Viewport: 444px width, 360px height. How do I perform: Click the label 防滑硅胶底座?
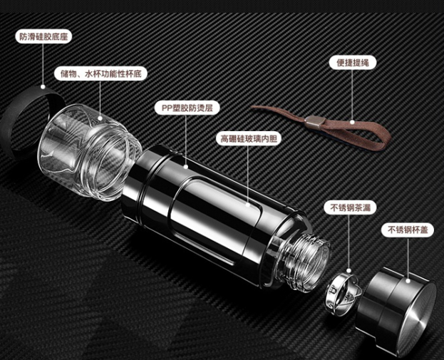tap(43, 37)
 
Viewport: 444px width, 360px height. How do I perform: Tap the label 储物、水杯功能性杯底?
tap(101, 74)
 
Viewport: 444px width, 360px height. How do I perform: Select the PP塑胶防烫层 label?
tap(187, 108)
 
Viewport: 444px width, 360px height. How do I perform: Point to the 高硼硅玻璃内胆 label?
tap(249, 139)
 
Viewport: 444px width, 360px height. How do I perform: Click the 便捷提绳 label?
tap(353, 63)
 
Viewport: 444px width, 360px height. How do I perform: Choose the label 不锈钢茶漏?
tap(350, 207)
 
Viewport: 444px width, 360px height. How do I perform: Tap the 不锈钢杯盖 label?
tap(408, 230)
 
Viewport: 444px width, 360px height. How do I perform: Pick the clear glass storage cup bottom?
tap(90, 152)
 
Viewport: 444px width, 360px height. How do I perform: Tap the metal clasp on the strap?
tap(314, 122)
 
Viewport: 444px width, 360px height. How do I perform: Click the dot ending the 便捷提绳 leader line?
tap(352, 122)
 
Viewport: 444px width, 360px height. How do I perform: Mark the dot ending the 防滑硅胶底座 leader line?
tap(43, 87)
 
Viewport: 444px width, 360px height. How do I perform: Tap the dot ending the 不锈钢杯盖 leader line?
tap(408, 281)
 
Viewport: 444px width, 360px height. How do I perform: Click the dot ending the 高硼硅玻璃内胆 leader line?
tap(248, 205)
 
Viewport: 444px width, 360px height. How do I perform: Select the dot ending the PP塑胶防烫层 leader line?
tap(186, 167)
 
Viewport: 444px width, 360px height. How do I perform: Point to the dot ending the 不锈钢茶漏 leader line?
tap(349, 271)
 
